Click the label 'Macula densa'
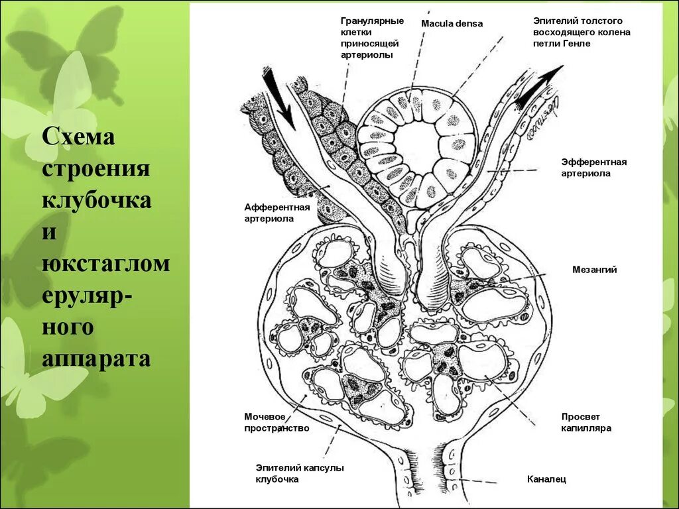tap(452, 24)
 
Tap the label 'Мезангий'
tap(594, 270)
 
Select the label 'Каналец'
tap(546, 479)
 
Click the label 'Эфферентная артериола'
tap(593, 168)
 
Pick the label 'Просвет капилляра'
tap(586, 422)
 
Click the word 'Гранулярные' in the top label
tap(372, 21)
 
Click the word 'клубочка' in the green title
tap(97, 199)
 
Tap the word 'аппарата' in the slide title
tap(97, 358)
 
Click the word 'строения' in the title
tap(97, 169)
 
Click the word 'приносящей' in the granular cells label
tap(367, 43)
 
